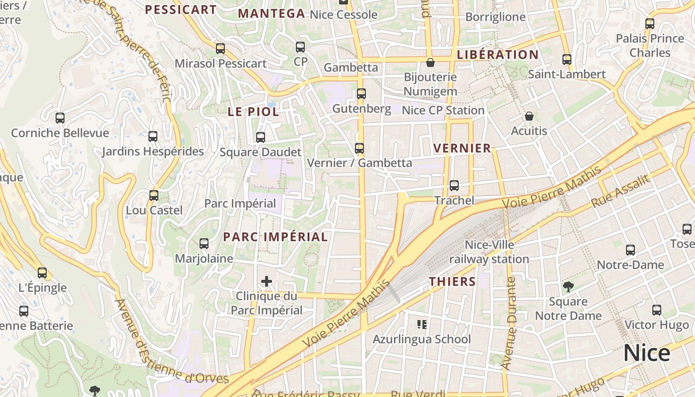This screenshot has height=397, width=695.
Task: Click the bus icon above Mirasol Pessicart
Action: pyautogui.click(x=220, y=49)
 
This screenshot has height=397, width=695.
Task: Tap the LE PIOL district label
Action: pyautogui.click(x=253, y=112)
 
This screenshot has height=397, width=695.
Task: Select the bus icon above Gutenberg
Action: pyautogui.click(x=361, y=94)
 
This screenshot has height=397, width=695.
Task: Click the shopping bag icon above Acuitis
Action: pyautogui.click(x=529, y=117)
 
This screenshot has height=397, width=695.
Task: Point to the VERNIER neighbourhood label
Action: pyautogui.click(x=462, y=148)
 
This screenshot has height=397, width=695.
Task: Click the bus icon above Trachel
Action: pyautogui.click(x=454, y=186)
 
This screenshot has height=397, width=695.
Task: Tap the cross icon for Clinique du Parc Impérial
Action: pyautogui.click(x=267, y=282)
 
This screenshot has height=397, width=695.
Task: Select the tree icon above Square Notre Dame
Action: pyautogui.click(x=568, y=286)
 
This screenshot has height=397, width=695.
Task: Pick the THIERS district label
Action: pyautogui.click(x=452, y=282)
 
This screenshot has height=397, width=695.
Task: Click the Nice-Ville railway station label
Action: pyautogui.click(x=489, y=252)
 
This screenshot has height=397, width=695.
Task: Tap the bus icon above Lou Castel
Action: pyautogui.click(x=154, y=196)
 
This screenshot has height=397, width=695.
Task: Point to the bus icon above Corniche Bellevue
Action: pyautogui.click(x=60, y=118)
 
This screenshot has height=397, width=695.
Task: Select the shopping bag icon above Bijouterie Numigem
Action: pyautogui.click(x=430, y=63)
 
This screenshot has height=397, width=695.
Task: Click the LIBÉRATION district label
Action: pyautogui.click(x=497, y=55)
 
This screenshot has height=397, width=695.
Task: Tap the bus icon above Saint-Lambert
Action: pyautogui.click(x=567, y=60)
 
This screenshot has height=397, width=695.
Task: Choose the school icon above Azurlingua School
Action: pyautogui.click(x=422, y=325)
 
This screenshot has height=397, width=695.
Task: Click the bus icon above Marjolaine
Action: pyautogui.click(x=204, y=244)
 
